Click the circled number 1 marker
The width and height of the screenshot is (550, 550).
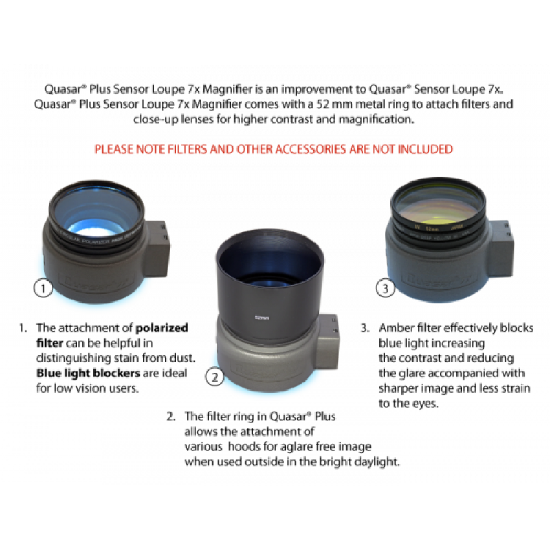click(43, 289)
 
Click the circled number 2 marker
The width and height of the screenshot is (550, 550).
click(214, 376)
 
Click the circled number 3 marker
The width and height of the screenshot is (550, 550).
click(386, 289)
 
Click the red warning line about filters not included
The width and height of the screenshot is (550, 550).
click(274, 149)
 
